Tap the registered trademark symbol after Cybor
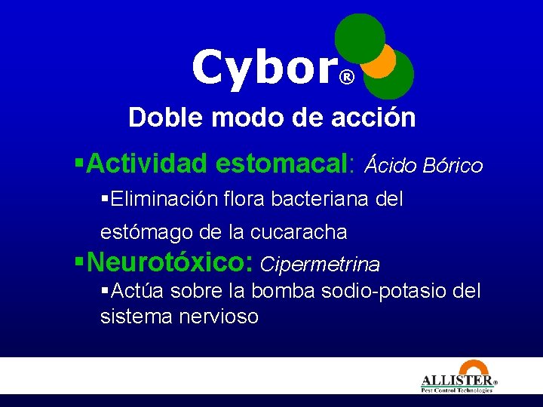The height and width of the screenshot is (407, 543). (346, 78)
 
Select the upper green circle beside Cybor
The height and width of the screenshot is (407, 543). (359, 38)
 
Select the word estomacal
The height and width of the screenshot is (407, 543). (282, 164)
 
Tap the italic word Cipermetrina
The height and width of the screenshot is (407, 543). (320, 265)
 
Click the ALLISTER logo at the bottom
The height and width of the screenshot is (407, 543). (458, 382)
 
